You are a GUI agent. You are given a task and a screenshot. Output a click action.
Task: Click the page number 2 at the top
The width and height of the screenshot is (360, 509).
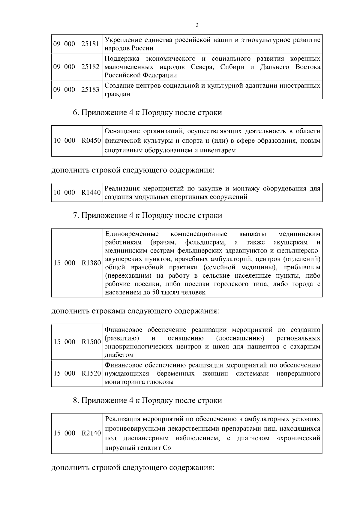197,25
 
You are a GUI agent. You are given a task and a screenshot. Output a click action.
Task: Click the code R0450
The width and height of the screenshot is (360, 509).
91,141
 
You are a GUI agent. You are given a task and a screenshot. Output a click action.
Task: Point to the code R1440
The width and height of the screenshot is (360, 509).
91,192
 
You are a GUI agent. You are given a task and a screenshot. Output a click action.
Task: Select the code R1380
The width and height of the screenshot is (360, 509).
91,263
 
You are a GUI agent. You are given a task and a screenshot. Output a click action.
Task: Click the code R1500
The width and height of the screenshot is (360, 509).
91,342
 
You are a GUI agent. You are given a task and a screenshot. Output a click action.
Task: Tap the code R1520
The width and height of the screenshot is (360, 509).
91,373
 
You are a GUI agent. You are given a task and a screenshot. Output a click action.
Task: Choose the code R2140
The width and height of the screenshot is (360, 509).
91,433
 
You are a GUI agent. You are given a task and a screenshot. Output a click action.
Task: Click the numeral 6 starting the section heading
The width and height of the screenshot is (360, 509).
75,113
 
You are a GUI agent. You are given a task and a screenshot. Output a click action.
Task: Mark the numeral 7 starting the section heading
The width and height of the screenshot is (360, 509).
75,215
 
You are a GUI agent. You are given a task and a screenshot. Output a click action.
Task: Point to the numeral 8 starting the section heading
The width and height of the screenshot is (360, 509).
75,400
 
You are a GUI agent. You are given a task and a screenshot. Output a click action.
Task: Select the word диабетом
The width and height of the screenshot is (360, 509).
119,355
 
